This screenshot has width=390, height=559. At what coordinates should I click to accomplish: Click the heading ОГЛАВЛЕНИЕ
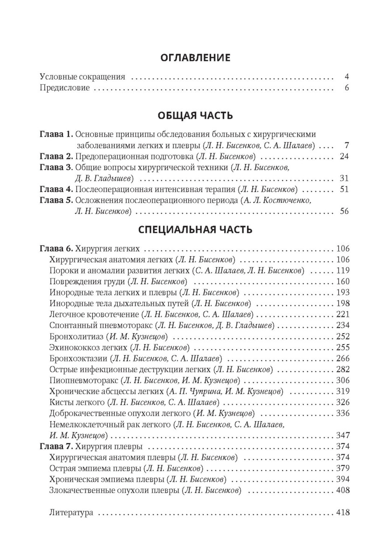195,58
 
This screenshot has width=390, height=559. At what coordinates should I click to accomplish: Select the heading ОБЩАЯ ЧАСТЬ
195,116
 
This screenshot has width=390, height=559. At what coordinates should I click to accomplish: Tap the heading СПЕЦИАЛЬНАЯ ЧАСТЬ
195,229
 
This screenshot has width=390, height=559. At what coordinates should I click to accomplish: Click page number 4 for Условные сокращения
347,77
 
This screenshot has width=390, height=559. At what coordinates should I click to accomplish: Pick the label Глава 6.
56,248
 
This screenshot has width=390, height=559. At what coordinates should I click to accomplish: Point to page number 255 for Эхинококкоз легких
342,348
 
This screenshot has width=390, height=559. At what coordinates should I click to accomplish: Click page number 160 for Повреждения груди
342,281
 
